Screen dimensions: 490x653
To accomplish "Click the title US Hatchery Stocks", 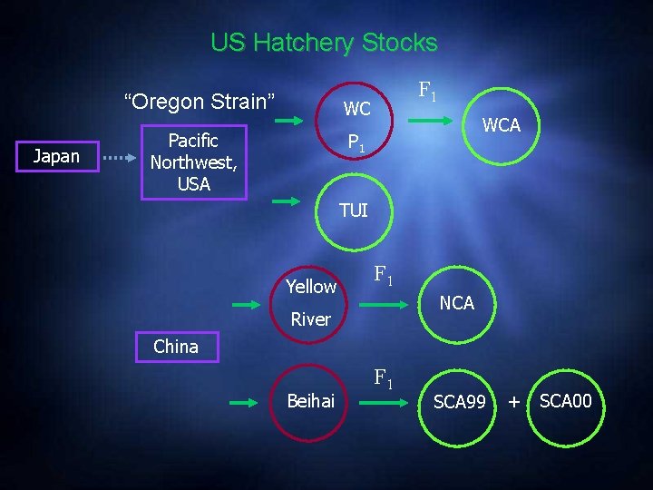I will (x=324, y=43).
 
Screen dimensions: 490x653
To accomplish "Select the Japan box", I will (x=56, y=156).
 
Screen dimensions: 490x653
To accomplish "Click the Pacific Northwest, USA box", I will (x=193, y=162).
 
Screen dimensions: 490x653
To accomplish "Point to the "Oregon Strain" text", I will (x=200, y=100).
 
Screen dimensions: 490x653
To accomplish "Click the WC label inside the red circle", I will (x=356, y=109).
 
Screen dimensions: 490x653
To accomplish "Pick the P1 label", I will (x=356, y=143).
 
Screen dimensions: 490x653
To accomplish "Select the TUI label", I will (x=353, y=211).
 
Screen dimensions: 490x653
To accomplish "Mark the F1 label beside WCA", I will (x=427, y=92).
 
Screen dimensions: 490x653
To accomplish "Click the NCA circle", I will (x=456, y=303).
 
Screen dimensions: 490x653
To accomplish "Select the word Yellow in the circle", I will (x=310, y=287).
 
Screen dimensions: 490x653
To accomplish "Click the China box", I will (x=175, y=348).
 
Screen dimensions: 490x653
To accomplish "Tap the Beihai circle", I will (x=310, y=401).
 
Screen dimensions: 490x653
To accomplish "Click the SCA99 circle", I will (x=460, y=401).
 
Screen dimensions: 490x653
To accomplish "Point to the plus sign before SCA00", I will (x=514, y=401).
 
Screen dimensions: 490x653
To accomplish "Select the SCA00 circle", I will (x=565, y=400).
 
